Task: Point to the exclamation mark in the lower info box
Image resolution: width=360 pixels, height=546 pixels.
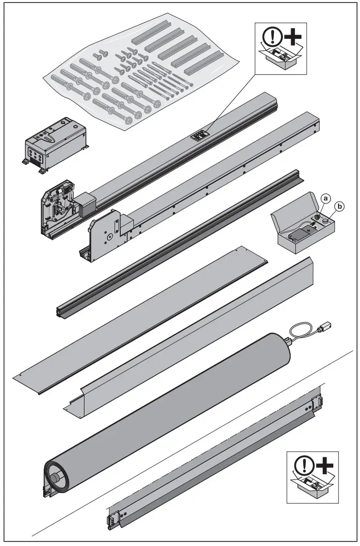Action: (301, 464)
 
